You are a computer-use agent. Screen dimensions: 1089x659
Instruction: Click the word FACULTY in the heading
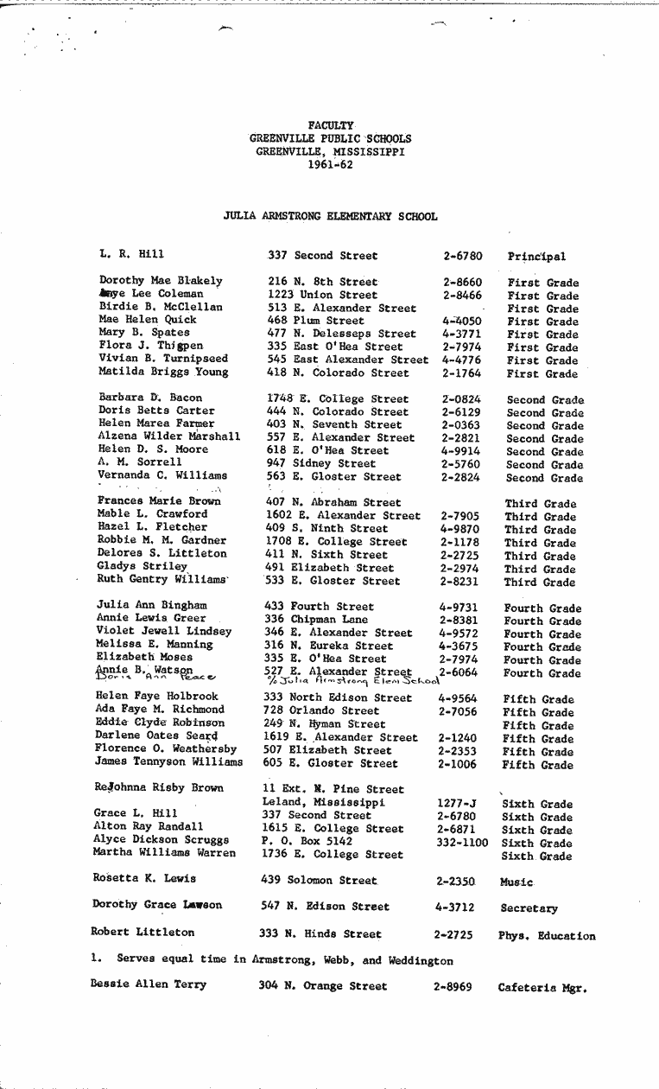click(331, 125)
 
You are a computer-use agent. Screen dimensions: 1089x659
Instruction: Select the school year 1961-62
click(330, 164)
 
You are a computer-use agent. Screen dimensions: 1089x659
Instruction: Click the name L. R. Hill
click(131, 254)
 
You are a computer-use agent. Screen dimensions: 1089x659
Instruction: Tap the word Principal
click(536, 257)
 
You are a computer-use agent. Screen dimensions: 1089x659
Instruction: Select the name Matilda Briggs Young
click(164, 373)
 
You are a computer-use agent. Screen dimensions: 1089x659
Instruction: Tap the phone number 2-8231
click(460, 582)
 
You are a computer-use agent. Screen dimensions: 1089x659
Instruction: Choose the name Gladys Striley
click(142, 567)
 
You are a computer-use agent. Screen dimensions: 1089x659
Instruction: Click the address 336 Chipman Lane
click(316, 620)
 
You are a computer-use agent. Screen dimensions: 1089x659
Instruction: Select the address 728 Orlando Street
click(321, 710)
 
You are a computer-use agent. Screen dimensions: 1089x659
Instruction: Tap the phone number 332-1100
click(462, 843)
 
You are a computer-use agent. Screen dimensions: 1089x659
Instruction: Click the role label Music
click(516, 882)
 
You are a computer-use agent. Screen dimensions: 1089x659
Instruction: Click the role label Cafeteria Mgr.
click(542, 988)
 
